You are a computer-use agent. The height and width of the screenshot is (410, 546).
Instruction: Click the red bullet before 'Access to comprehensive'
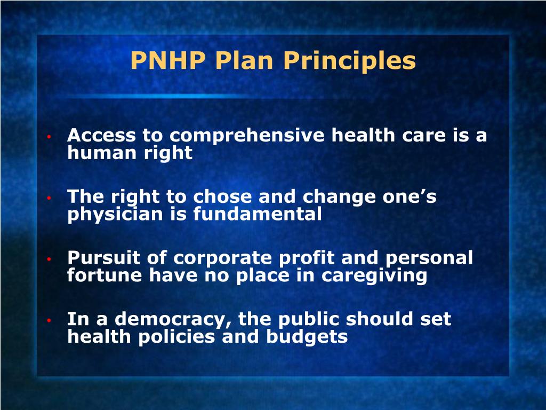[48, 137]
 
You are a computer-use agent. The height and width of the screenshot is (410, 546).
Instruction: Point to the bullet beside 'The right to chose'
[48, 198]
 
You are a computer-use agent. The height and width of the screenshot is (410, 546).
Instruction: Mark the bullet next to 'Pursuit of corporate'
[48, 259]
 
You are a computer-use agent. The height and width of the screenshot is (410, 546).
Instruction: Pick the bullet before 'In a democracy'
[48, 321]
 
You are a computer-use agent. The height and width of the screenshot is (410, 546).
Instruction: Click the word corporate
[222, 258]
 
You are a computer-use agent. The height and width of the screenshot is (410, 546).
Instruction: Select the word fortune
[105, 275]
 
